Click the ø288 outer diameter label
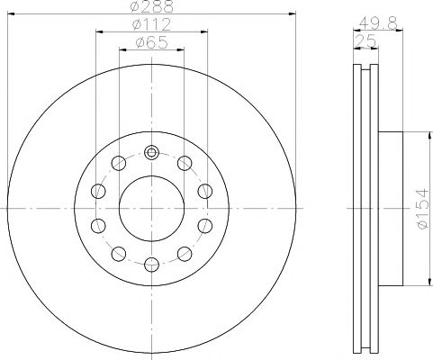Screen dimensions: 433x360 point(152,6)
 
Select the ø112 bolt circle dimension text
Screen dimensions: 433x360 point(152,24)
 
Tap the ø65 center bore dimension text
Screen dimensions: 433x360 point(151,42)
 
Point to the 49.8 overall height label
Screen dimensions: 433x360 point(378,22)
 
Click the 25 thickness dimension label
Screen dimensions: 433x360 point(365,41)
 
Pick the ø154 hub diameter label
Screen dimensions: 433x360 point(423,209)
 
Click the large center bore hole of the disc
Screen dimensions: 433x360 point(151,209)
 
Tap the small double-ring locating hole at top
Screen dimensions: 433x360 point(151,152)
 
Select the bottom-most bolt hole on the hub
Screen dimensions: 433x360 point(151,265)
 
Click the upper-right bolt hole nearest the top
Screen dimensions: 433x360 point(185,163)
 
